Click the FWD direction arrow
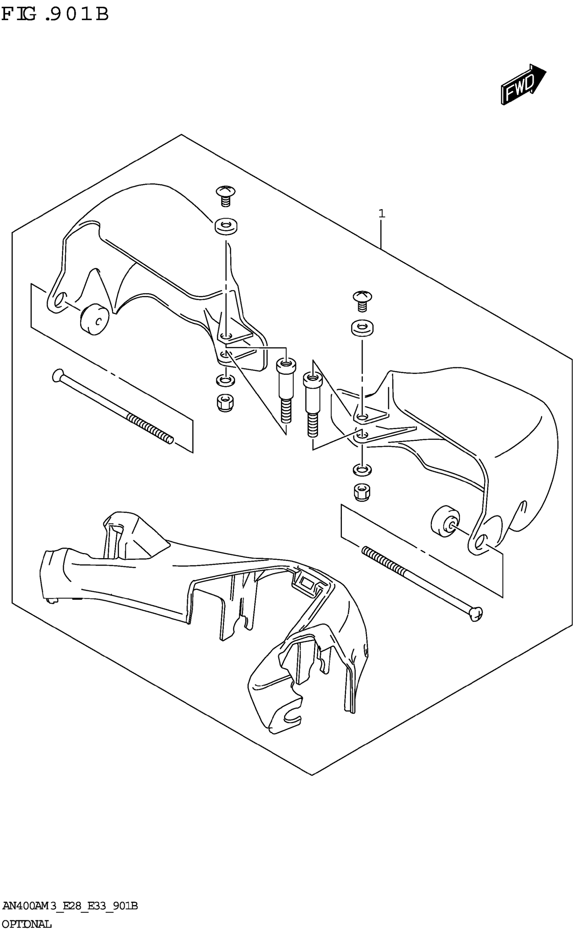pos(522,85)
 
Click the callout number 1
pos(382,214)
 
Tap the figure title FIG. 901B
pos(55,15)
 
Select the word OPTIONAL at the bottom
pos(27,924)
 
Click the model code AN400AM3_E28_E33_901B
pos(70,906)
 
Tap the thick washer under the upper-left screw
pos(226,226)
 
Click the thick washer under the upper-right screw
pos(362,328)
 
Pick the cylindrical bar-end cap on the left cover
pos(94,320)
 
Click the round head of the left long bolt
pos(58,376)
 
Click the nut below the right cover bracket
pos(362,492)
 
